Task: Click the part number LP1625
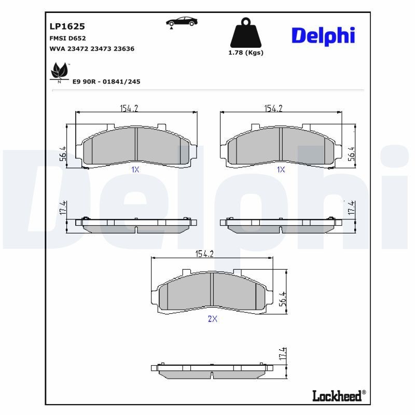click(x=67, y=26)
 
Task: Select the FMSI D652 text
click(x=67, y=38)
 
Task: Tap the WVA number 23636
click(x=124, y=49)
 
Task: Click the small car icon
click(x=181, y=22)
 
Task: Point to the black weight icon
click(x=245, y=33)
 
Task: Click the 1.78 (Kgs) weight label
click(x=246, y=53)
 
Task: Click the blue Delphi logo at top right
click(x=323, y=35)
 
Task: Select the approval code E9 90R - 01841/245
click(x=106, y=82)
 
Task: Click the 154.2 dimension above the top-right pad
click(x=273, y=108)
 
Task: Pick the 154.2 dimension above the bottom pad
click(x=204, y=254)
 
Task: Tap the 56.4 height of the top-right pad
click(x=351, y=154)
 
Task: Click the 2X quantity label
click(x=212, y=319)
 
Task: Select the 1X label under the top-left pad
click(x=135, y=170)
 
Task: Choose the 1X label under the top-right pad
click(x=281, y=170)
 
